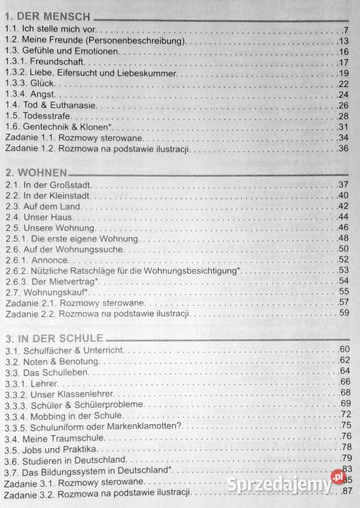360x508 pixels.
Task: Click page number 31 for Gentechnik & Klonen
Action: click(x=344, y=127)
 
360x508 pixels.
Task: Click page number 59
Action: click(x=344, y=313)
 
